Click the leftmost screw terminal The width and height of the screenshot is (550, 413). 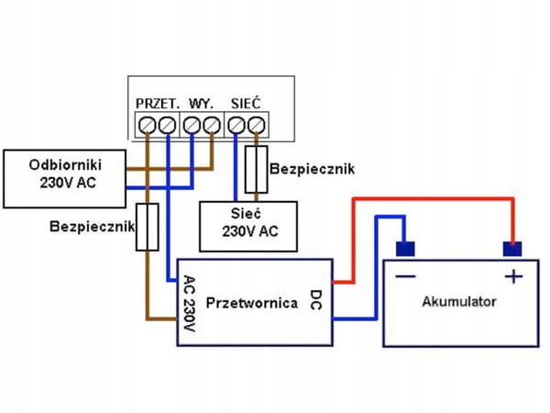(147, 124)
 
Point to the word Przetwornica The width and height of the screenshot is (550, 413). (251, 301)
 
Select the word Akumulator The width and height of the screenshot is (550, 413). (459, 301)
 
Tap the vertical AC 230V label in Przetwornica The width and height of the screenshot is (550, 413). (190, 304)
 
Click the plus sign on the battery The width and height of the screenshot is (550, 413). (513, 276)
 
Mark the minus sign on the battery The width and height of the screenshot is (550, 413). (404, 276)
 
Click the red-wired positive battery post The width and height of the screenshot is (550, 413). (512, 248)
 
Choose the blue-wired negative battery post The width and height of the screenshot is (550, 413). (403, 248)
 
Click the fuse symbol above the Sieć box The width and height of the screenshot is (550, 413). (258, 169)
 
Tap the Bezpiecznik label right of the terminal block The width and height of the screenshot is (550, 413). (312, 170)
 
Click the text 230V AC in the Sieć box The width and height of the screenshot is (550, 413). (247, 231)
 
